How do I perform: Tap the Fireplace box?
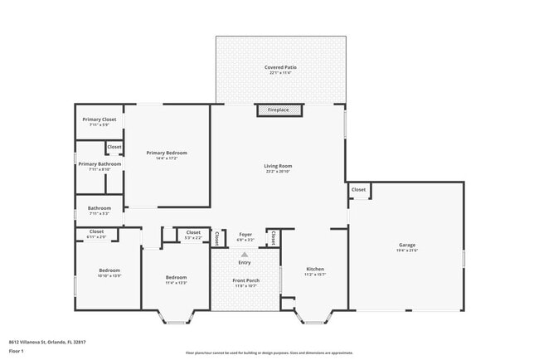tap(278, 109)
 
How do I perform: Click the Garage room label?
tap(406, 245)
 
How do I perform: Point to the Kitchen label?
tap(315, 270)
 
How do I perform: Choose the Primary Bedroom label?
tap(167, 153)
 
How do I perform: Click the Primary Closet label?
tap(99, 119)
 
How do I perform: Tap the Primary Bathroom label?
tap(100, 164)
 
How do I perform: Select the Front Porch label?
tap(245, 280)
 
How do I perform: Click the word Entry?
tap(245, 263)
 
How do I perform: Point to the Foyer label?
tap(245, 235)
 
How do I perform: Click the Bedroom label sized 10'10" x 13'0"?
tap(109, 270)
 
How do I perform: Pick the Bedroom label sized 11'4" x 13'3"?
tap(176, 277)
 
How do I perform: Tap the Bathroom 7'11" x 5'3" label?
tap(100, 208)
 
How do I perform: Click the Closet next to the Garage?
tap(358, 190)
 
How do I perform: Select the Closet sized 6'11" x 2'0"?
tap(96, 231)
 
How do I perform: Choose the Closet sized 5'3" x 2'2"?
tap(193, 232)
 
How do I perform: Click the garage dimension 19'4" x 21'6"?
tap(406, 251)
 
